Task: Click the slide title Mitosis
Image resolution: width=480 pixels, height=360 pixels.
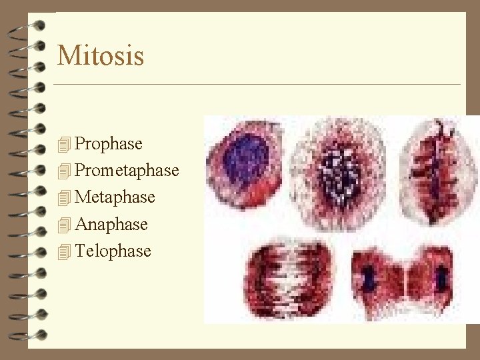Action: [x=101, y=55]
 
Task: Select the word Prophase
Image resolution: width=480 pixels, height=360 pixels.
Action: [x=109, y=143]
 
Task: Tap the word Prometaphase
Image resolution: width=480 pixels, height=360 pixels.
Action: [x=127, y=171]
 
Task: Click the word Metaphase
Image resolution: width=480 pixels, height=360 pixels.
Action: [x=115, y=197]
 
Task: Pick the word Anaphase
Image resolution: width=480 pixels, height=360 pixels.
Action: [x=111, y=224]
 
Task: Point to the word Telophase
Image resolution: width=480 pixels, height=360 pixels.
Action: [x=113, y=251]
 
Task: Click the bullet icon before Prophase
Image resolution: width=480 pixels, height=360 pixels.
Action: [x=64, y=144]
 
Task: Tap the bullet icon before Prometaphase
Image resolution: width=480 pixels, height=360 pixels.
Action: [x=64, y=171]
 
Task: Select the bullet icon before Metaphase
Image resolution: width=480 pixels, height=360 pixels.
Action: [x=64, y=198]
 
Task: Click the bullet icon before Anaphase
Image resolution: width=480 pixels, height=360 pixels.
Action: [x=64, y=225]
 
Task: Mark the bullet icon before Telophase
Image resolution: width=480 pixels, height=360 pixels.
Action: [x=64, y=252]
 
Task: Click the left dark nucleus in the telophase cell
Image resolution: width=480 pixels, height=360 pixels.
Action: [x=369, y=278]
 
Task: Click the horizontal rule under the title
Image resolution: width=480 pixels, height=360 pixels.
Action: [x=257, y=85]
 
